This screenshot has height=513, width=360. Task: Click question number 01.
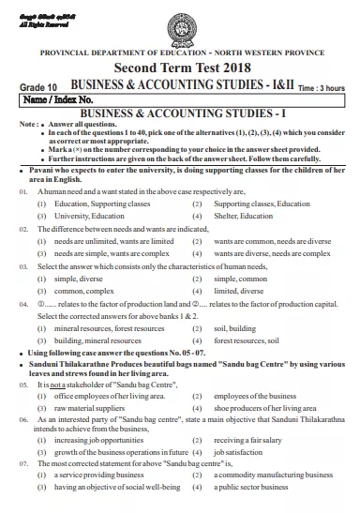22,189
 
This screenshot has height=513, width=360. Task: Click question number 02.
22,228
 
